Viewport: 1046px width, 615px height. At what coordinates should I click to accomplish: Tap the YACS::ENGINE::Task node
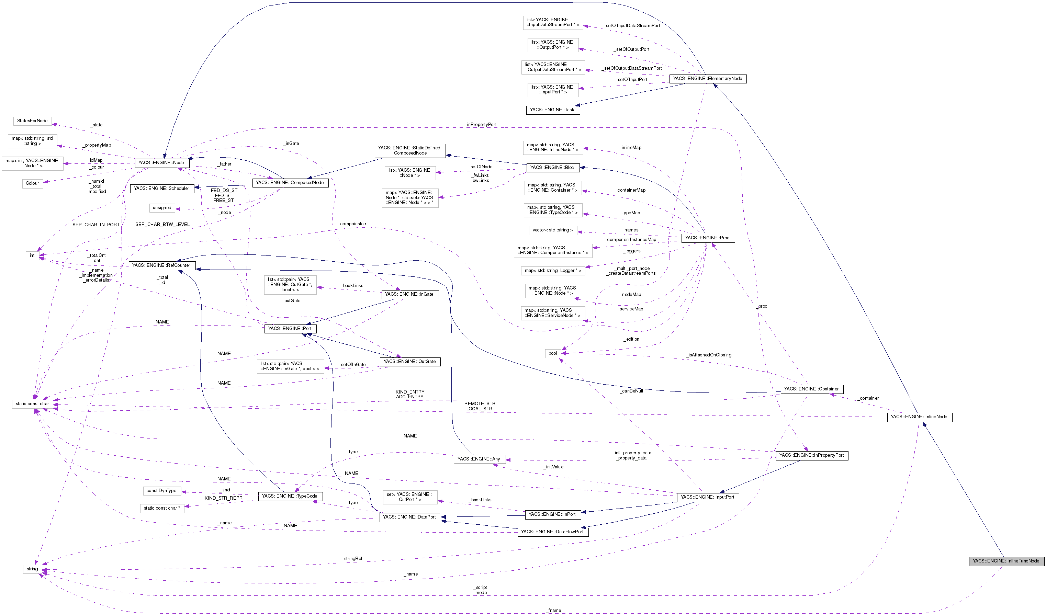point(552,110)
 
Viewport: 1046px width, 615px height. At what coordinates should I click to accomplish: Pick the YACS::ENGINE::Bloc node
point(552,167)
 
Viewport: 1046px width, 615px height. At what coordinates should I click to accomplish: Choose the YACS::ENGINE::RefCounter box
point(161,265)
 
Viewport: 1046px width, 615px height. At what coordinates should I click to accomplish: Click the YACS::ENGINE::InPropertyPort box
point(811,455)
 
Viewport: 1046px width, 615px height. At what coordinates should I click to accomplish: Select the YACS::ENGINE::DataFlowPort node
point(552,532)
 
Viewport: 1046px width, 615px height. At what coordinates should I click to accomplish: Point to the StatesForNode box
point(32,121)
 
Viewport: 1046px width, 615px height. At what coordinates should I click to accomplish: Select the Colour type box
point(32,183)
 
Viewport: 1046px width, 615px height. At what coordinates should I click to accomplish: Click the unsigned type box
point(162,207)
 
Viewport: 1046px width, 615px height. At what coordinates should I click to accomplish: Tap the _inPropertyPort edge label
point(481,125)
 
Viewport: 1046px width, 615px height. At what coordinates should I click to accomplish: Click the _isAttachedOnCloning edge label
point(709,355)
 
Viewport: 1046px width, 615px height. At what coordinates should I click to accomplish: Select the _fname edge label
point(554,611)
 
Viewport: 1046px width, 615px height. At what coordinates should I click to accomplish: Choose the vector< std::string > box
point(552,230)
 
